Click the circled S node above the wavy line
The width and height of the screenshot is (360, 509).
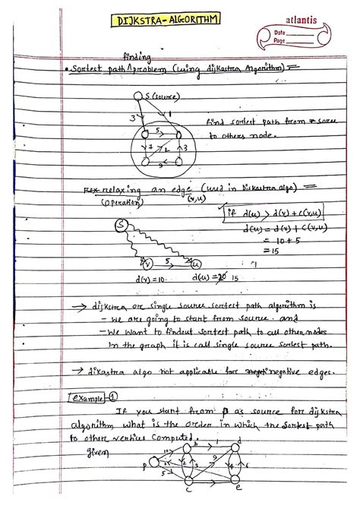pos(120,225)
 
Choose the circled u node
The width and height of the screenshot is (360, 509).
pos(197,264)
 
